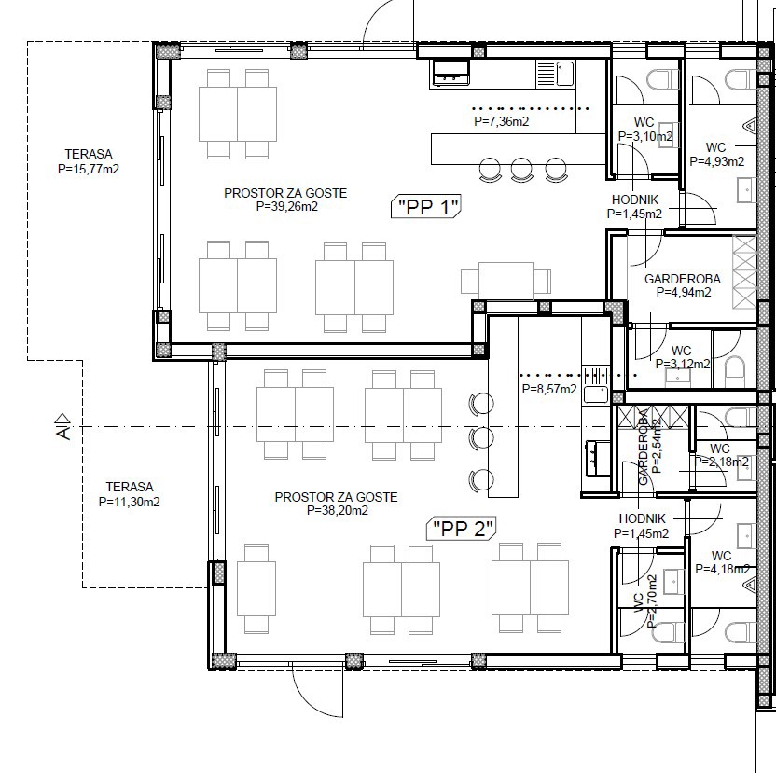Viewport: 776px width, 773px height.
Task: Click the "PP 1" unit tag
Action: (426, 206)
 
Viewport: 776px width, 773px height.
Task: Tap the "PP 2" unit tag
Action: (462, 529)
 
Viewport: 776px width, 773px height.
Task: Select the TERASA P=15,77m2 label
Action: (89, 161)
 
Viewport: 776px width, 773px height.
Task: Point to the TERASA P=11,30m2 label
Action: (129, 494)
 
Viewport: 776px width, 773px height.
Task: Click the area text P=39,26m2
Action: (287, 206)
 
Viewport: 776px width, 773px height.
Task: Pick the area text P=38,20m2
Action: (338, 510)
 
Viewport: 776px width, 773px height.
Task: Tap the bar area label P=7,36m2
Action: (502, 121)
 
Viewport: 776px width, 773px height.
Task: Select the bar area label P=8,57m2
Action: (549, 389)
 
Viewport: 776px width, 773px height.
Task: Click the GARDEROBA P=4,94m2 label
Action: (683, 285)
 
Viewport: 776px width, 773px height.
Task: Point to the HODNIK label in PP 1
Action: (635, 200)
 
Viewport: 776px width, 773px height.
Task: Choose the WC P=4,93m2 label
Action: (717, 155)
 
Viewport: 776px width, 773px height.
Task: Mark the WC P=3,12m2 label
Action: (683, 357)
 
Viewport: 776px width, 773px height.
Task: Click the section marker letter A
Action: (63, 434)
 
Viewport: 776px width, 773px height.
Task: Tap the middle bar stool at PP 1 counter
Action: (521, 170)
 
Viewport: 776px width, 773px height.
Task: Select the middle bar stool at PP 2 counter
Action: (481, 438)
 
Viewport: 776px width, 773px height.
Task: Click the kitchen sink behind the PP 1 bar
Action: (564, 74)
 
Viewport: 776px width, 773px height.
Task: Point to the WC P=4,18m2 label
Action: (723, 562)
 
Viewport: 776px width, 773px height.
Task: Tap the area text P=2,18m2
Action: (722, 462)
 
